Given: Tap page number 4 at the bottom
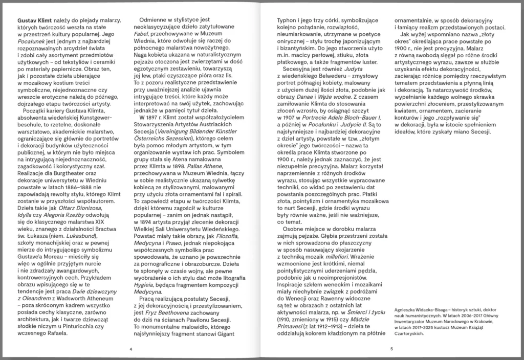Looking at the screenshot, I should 131,349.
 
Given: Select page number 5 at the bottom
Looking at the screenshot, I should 391,349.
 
